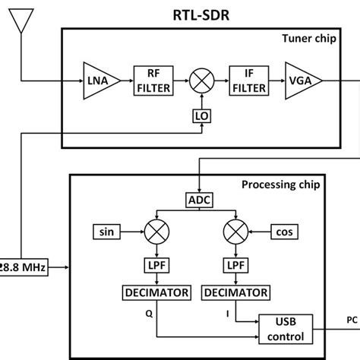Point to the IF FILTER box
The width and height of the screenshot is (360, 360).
tap(248, 81)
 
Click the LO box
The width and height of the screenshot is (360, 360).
tap(201, 117)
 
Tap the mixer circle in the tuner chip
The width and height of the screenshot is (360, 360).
tap(201, 81)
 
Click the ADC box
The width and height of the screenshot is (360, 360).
tap(199, 200)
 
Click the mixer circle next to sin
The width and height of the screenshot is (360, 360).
tap(156, 230)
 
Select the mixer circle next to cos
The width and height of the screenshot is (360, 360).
tap(232, 230)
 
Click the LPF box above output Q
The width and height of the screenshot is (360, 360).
tap(156, 265)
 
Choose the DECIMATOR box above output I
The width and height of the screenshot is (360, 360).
tap(232, 292)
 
